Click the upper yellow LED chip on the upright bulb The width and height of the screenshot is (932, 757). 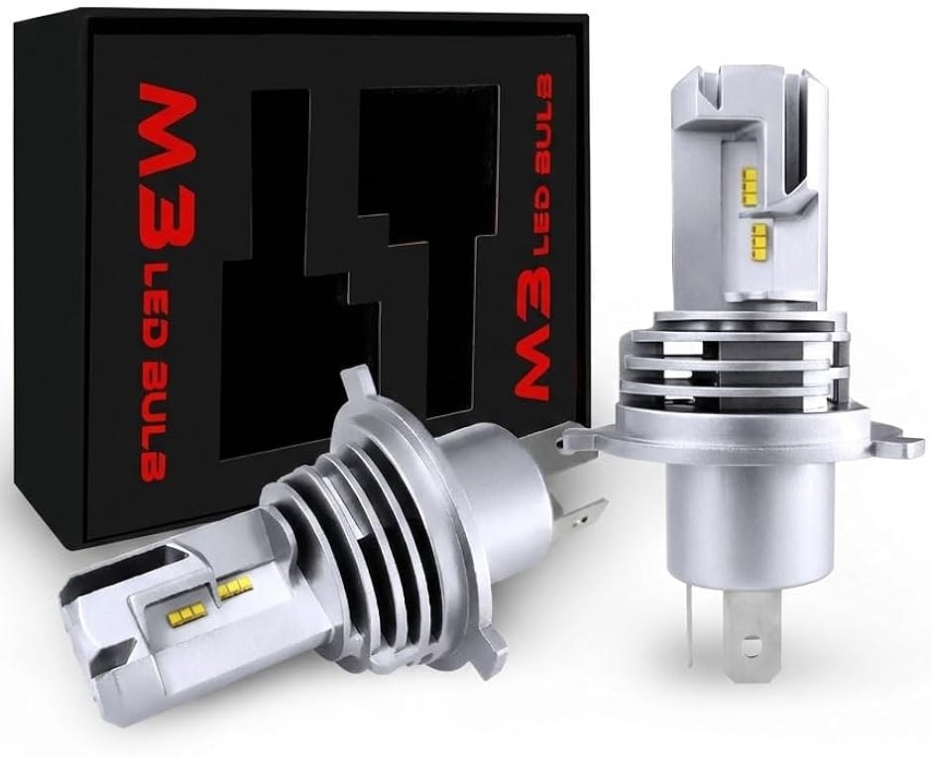click(751, 186)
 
